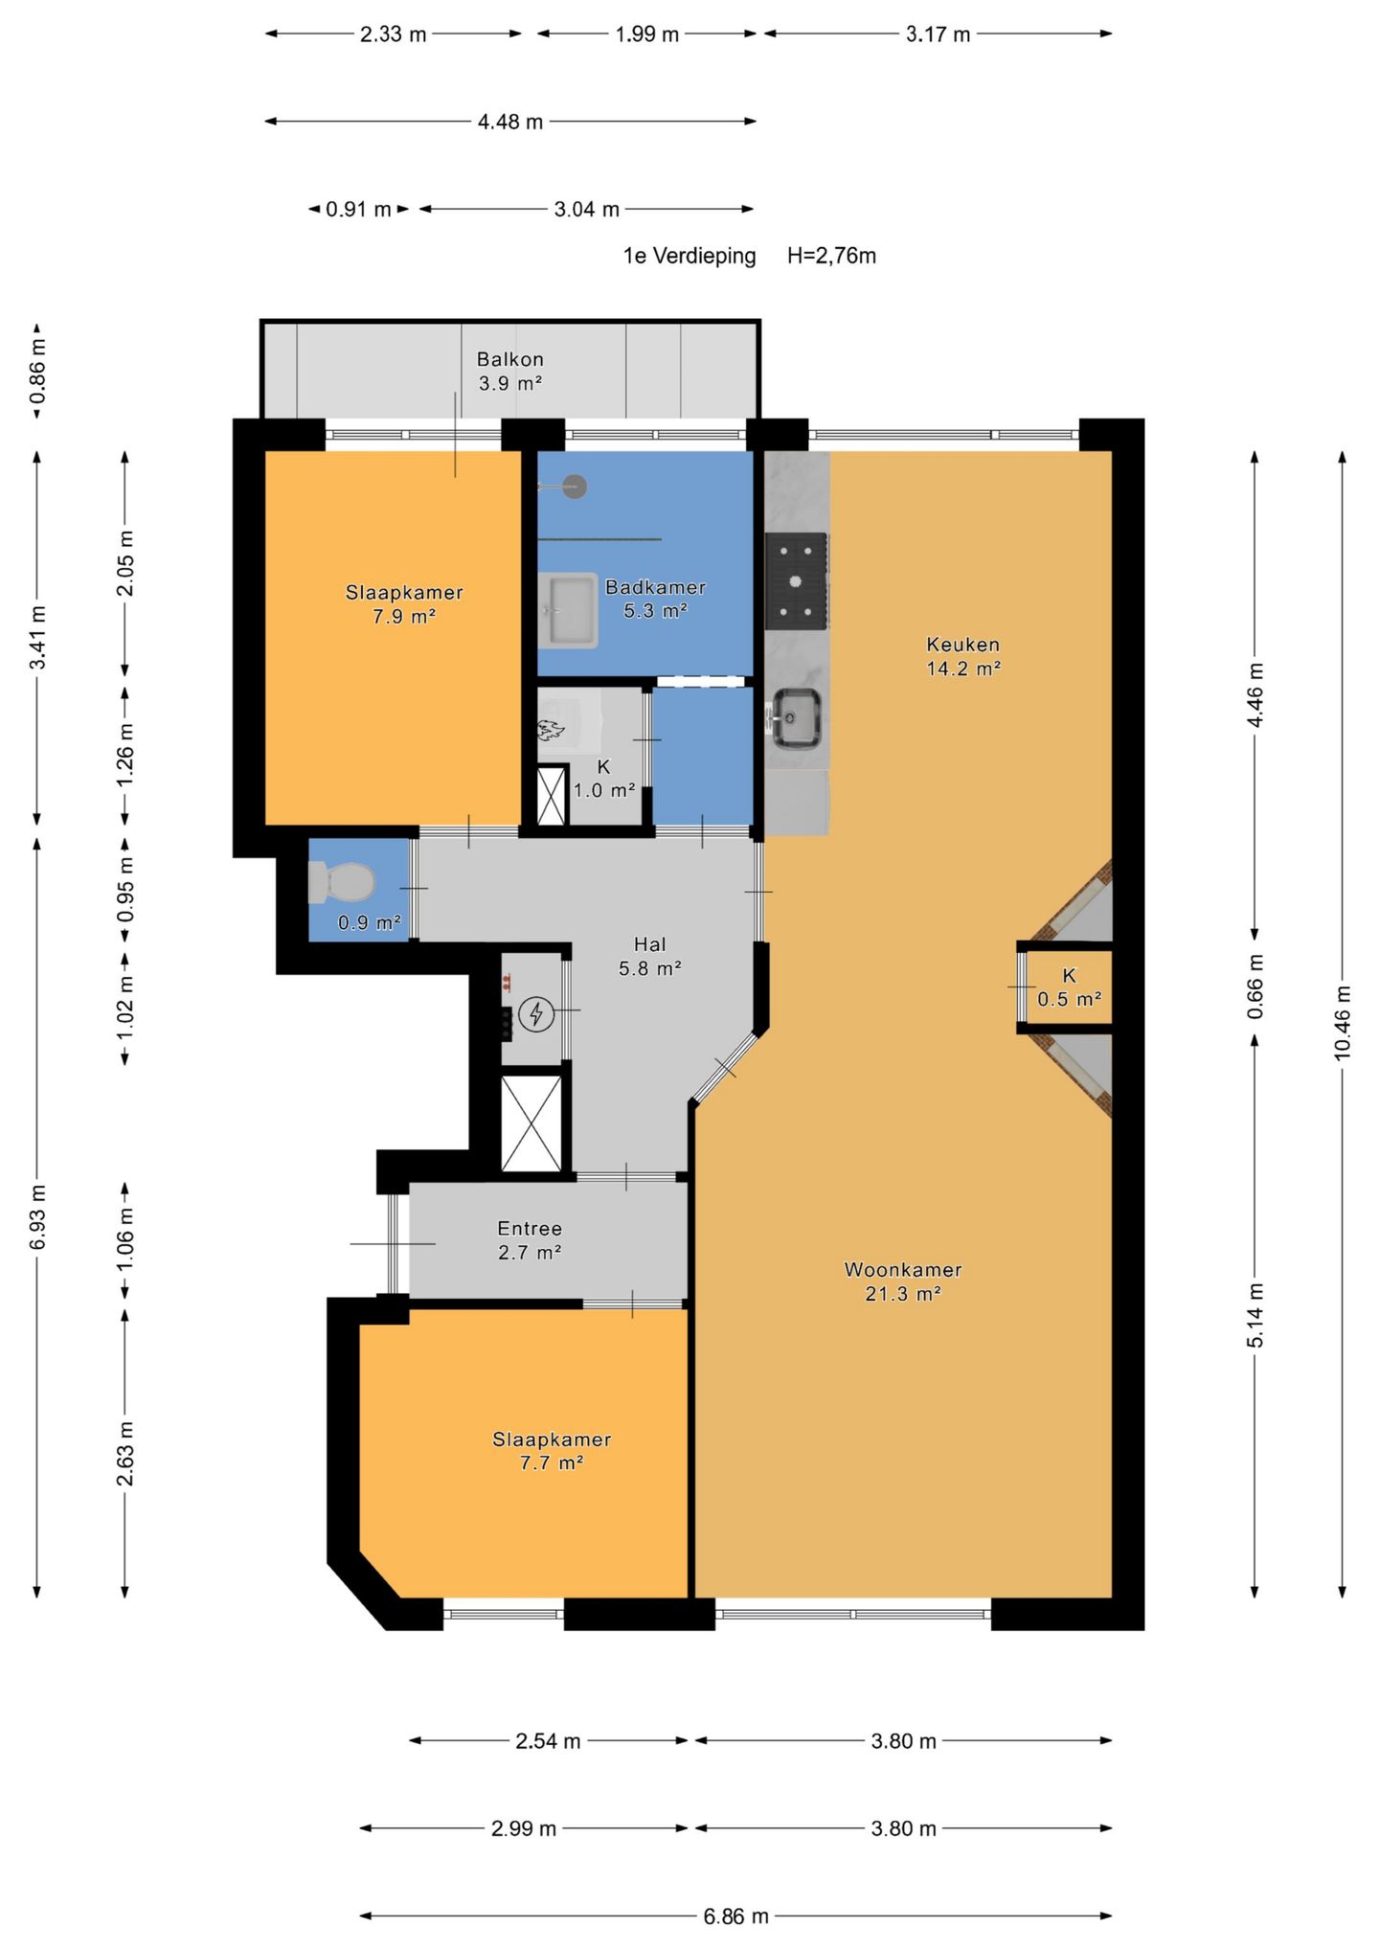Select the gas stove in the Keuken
tap(797, 581)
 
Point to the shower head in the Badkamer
tap(575, 487)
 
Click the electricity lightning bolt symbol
tap(536, 1014)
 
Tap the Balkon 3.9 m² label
tap(510, 372)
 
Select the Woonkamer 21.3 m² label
tap(902, 1281)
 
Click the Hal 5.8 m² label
tap(649, 956)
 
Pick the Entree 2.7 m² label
tap(530, 1240)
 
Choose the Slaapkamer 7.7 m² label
tap(552, 1451)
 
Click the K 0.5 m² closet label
tap(1069, 987)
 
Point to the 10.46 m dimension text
tap(1342, 1023)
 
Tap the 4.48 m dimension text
tap(510, 122)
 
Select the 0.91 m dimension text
tap(358, 209)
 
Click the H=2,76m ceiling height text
tap(831, 256)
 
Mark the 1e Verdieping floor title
tap(689, 256)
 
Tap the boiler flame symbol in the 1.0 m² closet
tap(551, 730)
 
